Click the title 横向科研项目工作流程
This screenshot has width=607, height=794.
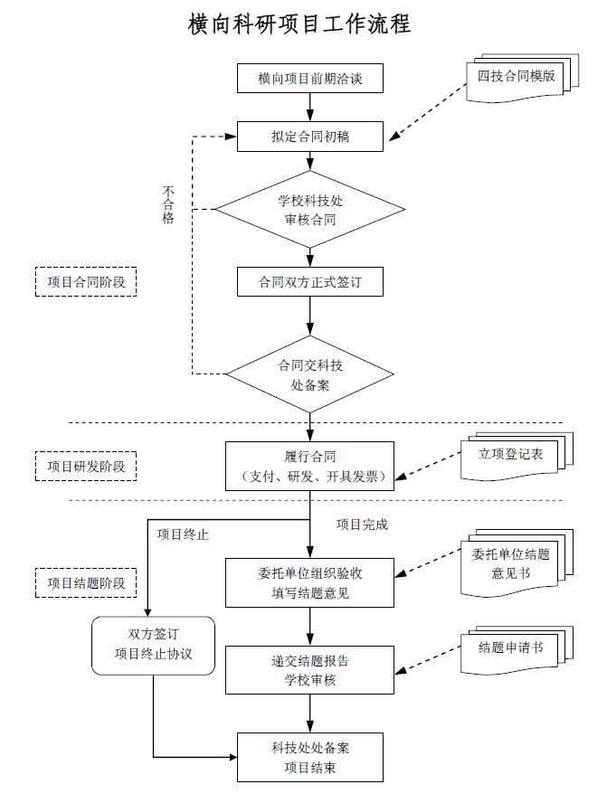pyautogui.click(x=300, y=24)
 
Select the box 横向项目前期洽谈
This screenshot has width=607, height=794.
pyautogui.click(x=309, y=79)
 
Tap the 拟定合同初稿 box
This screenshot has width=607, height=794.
pyautogui.click(x=309, y=137)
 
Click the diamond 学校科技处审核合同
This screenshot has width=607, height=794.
pyautogui.click(x=309, y=210)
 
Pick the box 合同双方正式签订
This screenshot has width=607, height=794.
pyautogui.click(x=309, y=282)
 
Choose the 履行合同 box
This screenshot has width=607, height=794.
pyautogui.click(x=309, y=466)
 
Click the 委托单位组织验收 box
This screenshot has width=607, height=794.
pyautogui.click(x=309, y=582)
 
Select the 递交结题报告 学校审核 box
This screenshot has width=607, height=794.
pyautogui.click(x=309, y=669)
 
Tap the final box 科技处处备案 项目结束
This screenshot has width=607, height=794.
pyautogui.click(x=309, y=758)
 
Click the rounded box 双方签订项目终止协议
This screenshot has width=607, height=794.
pyautogui.click(x=154, y=645)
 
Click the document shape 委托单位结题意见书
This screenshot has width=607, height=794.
pyautogui.click(x=511, y=563)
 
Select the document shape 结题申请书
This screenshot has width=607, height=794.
pyautogui.click(x=511, y=648)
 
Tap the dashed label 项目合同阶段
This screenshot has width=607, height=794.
pyautogui.click(x=86, y=282)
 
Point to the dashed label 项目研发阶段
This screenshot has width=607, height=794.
pyautogui.click(x=86, y=467)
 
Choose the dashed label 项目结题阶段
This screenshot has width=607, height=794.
pyautogui.click(x=86, y=582)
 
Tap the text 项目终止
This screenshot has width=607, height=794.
pyautogui.click(x=183, y=534)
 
